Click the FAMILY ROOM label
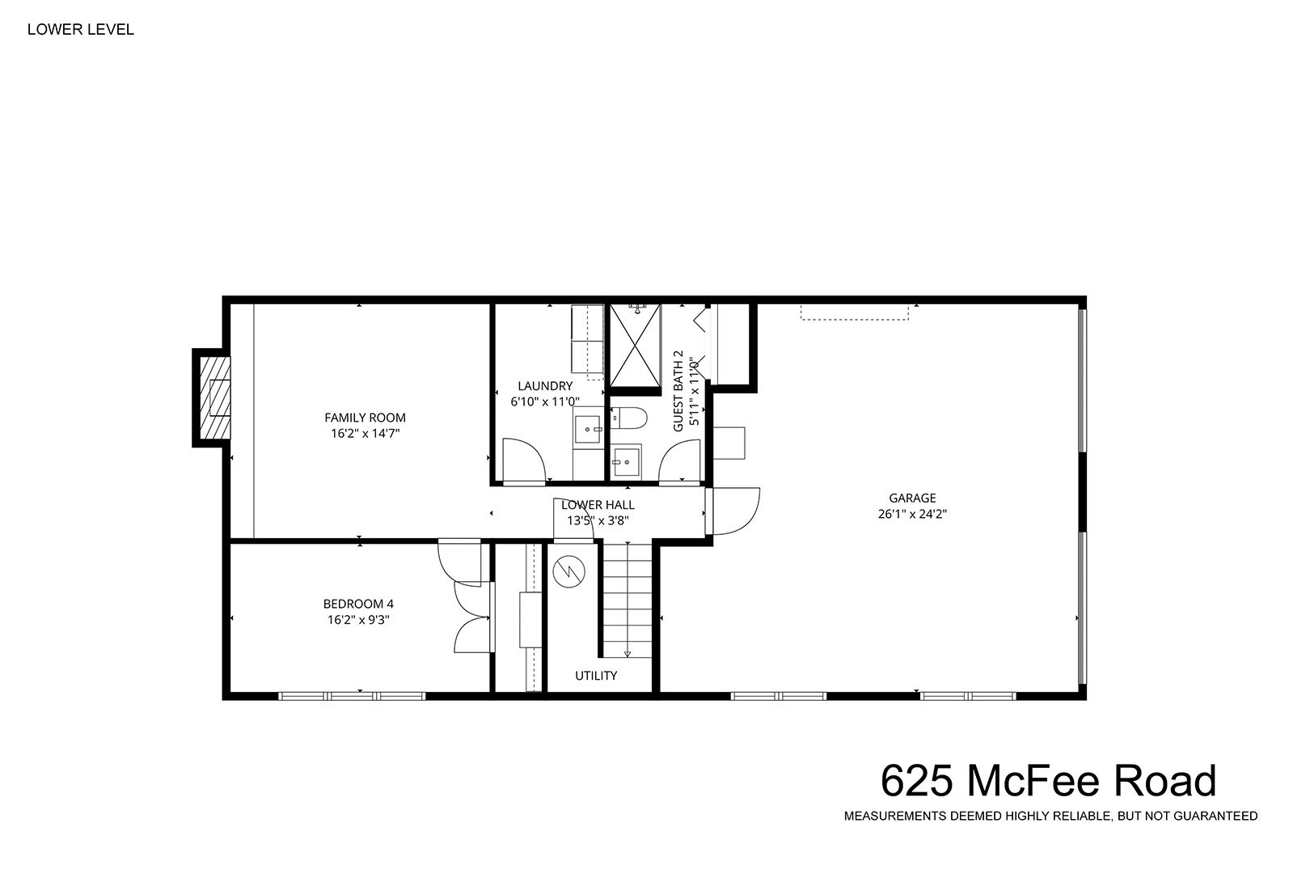click(365, 418)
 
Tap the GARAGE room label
click(912, 499)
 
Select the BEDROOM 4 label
click(358, 605)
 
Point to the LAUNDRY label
click(545, 386)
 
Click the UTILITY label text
click(596, 676)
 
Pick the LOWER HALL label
click(598, 505)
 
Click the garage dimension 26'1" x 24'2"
click(912, 514)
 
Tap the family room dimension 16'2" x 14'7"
click(365, 434)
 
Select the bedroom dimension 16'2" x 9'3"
click(358, 620)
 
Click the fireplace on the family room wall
click(212, 398)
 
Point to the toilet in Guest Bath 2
click(629, 418)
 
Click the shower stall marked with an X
click(635, 345)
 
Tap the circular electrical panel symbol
click(569, 571)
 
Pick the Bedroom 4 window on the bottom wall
click(352, 696)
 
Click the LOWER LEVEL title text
click(81, 29)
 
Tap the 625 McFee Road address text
click(1049, 780)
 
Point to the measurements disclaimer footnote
click(1050, 816)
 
